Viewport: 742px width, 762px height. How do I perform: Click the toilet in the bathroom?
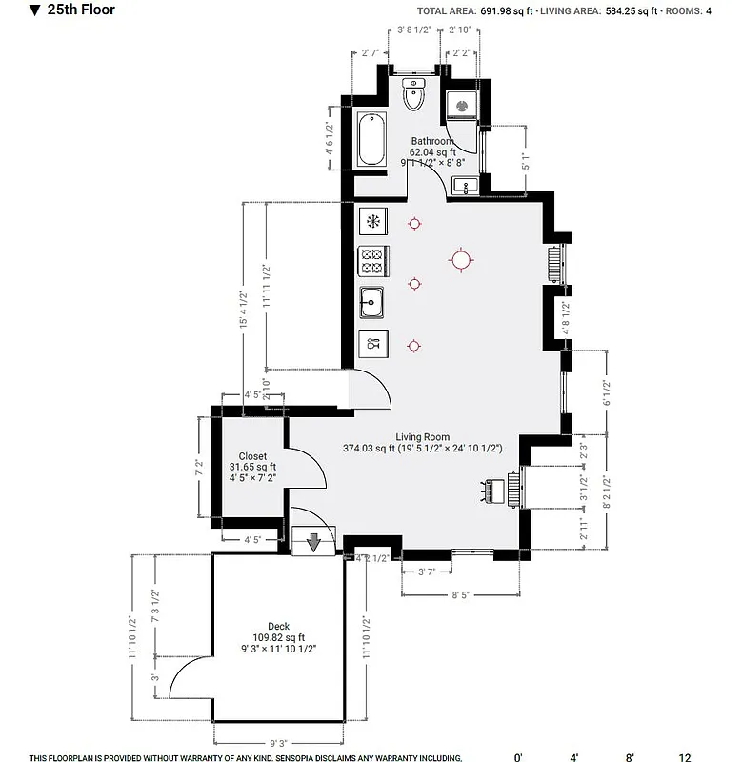click(414, 95)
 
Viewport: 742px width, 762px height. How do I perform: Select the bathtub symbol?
click(371, 139)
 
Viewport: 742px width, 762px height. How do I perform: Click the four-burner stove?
click(372, 261)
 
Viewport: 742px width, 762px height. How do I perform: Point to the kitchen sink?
click(372, 304)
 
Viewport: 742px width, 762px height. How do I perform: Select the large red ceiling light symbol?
click(461, 259)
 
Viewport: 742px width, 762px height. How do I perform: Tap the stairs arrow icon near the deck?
click(313, 544)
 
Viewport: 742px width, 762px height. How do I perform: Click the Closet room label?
click(252, 456)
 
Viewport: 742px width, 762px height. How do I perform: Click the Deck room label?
click(278, 627)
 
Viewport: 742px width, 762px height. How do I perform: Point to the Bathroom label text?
click(431, 141)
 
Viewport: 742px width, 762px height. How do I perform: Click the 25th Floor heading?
click(81, 10)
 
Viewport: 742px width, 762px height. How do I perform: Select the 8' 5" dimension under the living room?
click(460, 594)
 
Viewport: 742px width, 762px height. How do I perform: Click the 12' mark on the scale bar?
click(685, 757)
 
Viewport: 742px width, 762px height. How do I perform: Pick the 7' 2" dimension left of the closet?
click(200, 468)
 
